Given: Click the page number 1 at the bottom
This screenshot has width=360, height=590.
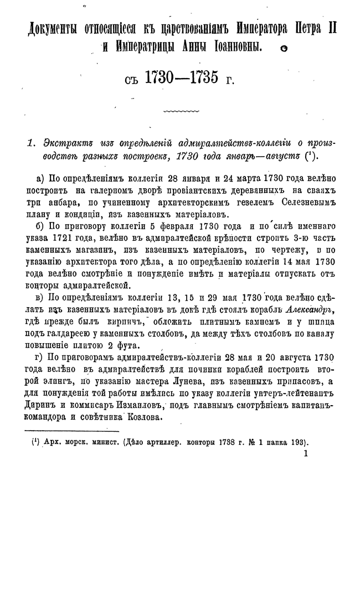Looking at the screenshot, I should tap(305, 453).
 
